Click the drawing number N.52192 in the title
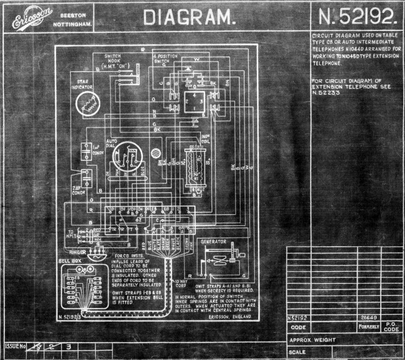click(x=358, y=17)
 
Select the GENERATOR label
click(x=213, y=242)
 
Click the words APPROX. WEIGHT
click(x=313, y=340)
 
